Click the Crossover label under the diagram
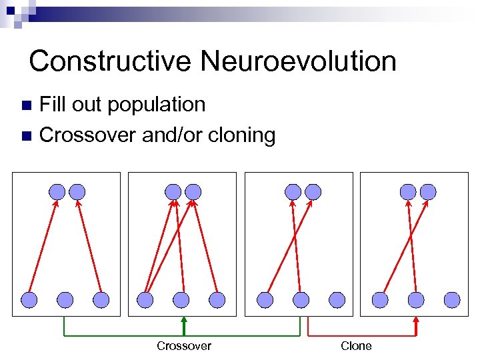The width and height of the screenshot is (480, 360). pyautogui.click(x=184, y=346)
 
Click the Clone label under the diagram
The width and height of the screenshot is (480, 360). pyautogui.click(x=356, y=346)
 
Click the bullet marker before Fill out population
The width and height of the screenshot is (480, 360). pyautogui.click(x=26, y=105)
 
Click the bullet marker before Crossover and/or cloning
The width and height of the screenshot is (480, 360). pyautogui.click(x=26, y=136)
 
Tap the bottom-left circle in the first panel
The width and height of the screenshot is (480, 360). pyautogui.click(x=29, y=300)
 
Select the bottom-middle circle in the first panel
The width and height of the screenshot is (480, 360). pyautogui.click(x=65, y=300)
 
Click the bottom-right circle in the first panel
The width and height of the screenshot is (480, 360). pyautogui.click(x=101, y=300)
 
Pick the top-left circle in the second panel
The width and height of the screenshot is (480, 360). pyautogui.click(x=173, y=192)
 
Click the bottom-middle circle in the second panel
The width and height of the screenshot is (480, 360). pyautogui.click(x=181, y=300)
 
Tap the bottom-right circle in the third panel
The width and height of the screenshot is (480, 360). pyautogui.click(x=337, y=300)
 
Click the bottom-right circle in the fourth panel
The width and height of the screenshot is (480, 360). pyautogui.click(x=452, y=300)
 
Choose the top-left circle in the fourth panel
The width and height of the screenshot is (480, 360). pyautogui.click(x=408, y=192)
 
